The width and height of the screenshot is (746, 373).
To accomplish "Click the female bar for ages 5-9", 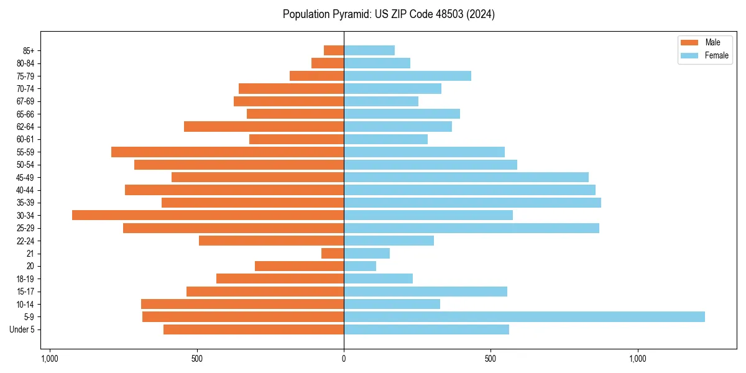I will click(x=524, y=317).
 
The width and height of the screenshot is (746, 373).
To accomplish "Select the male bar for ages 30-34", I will click(x=208, y=215).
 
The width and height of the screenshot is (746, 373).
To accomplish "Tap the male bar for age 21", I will click(x=333, y=254).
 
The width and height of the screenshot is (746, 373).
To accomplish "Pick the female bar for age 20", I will click(x=360, y=266).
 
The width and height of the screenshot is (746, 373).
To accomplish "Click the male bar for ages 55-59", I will click(x=228, y=152).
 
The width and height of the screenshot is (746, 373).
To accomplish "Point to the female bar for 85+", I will click(x=369, y=50).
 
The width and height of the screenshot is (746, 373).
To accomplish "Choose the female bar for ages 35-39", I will click(x=472, y=203).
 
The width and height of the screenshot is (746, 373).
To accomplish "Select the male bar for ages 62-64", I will click(x=264, y=126).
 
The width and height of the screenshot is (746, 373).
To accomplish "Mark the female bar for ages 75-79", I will click(x=407, y=76).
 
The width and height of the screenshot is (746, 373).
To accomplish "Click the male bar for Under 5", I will click(x=254, y=329).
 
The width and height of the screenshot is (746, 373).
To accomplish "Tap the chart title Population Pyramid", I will click(x=389, y=14).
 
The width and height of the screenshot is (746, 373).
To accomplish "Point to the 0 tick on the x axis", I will click(x=344, y=359).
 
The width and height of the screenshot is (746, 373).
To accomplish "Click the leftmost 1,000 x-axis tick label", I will click(x=50, y=359).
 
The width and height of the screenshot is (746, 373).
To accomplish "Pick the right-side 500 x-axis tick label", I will click(x=490, y=359).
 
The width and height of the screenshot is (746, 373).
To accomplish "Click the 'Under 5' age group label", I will click(x=22, y=329).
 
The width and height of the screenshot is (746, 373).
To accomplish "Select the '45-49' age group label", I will click(x=25, y=177).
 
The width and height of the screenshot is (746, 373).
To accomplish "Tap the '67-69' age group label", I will click(x=25, y=101).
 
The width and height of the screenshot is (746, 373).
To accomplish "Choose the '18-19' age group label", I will click(x=25, y=279).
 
